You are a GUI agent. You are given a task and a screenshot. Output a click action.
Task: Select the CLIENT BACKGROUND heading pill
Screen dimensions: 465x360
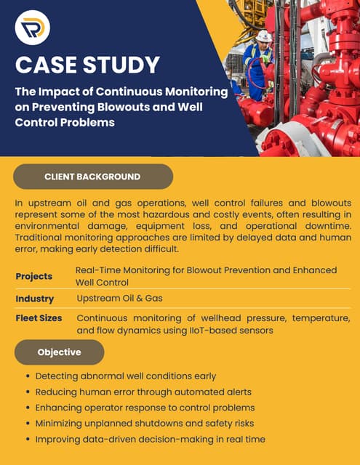(92, 177)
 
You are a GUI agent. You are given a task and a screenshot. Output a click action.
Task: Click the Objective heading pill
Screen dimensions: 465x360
(60, 352)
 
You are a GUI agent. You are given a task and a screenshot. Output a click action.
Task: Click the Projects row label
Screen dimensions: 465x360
(34, 276)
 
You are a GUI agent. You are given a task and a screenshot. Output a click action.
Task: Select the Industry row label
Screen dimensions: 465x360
(35, 299)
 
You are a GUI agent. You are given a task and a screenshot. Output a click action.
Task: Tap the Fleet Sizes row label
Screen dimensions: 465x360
(39, 318)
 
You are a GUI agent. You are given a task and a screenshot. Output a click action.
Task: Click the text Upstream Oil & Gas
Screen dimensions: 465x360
(119, 299)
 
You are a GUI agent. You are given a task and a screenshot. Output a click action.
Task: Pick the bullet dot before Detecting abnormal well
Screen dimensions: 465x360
(28, 376)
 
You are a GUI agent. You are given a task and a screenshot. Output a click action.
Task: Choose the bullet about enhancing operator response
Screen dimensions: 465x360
(145, 408)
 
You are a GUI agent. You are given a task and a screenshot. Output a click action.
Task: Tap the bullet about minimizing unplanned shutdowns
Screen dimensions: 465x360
(145, 424)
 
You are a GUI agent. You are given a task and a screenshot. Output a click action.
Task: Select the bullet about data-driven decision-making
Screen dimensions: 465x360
(150, 440)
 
